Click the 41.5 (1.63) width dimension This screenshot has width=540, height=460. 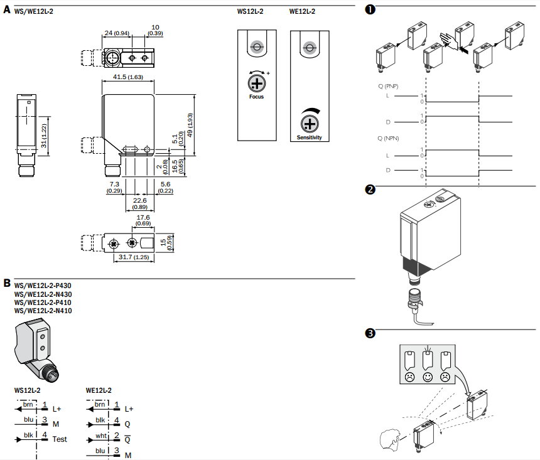(128, 77)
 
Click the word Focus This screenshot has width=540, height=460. (256, 97)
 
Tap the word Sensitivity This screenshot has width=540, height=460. (308, 137)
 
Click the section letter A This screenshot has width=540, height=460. (7, 11)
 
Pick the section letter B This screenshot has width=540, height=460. (7, 284)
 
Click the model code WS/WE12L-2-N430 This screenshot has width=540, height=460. (43, 294)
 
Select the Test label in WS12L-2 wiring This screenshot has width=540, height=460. (60, 439)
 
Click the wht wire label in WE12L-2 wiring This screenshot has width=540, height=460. (100, 435)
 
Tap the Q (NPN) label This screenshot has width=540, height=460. (387, 137)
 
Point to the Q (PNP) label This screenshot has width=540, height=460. (387, 85)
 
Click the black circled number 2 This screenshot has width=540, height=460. (370, 190)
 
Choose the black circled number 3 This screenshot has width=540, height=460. (370, 334)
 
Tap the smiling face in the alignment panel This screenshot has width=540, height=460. (428, 377)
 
